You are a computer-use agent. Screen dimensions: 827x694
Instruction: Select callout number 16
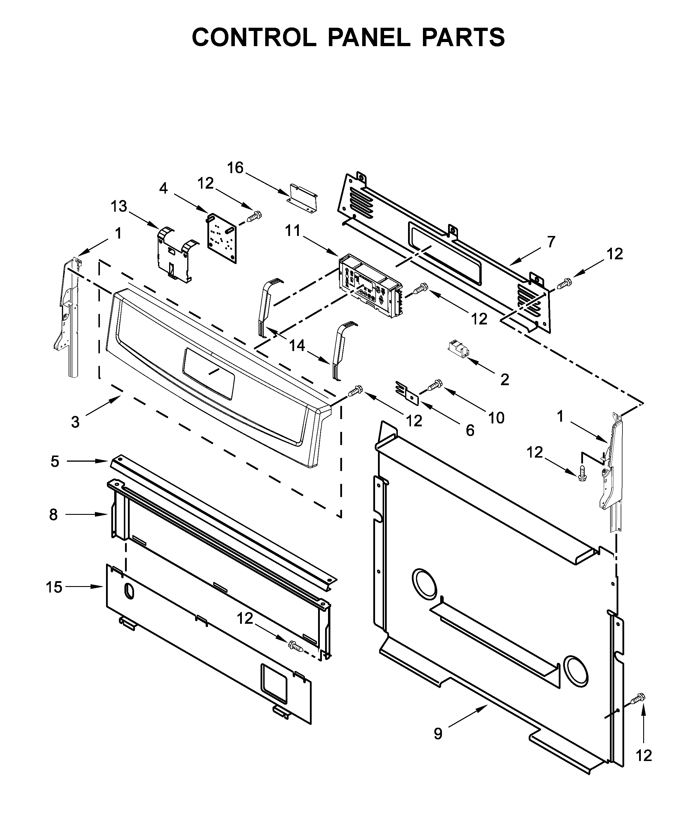point(235,168)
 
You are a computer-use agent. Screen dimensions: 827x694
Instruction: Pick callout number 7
point(551,242)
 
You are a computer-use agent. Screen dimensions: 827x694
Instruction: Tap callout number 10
point(496,418)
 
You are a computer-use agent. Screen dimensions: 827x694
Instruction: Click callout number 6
point(470,431)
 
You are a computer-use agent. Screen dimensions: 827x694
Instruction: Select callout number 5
point(55,461)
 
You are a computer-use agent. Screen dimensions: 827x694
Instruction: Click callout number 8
point(53,515)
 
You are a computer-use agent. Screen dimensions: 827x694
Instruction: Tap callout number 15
point(54,587)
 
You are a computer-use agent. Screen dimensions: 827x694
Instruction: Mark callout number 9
point(438,733)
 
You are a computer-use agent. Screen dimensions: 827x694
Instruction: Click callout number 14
point(297,346)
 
